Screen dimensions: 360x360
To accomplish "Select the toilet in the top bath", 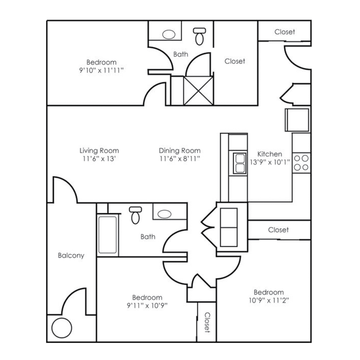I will (x=199, y=36).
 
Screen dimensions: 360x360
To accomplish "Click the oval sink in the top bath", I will (x=169, y=34).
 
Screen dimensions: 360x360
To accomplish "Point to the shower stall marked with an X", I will (x=198, y=91).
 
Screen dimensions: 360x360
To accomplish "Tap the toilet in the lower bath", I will (x=135, y=216).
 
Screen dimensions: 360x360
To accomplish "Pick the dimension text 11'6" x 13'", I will (x=99, y=158).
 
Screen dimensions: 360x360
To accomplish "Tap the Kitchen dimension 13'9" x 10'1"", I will (x=270, y=162).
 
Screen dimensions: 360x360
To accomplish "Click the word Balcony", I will (x=71, y=255).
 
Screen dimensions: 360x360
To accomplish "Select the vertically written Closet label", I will (x=207, y=322).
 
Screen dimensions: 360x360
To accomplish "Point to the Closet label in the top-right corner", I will (x=284, y=32).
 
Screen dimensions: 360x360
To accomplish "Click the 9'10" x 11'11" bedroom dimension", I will (x=102, y=70).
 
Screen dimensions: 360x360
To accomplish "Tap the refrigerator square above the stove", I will (x=297, y=120).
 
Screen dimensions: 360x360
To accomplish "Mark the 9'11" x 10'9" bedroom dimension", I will (x=147, y=305).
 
